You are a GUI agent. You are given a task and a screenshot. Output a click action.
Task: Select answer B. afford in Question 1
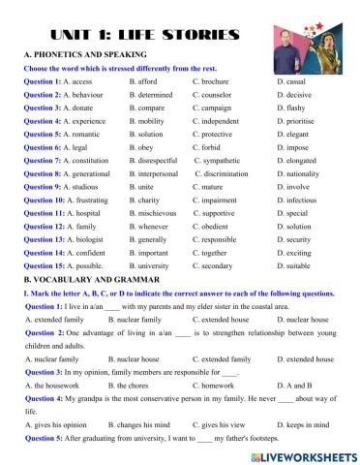[x=146, y=82]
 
